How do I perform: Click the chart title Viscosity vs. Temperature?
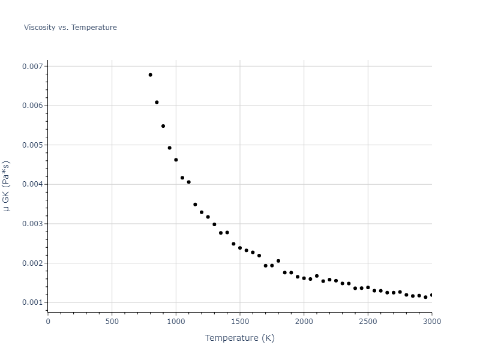point(70,28)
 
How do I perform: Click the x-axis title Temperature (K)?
point(239,338)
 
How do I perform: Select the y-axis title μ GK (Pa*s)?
point(7,186)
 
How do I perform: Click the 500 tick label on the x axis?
point(112,321)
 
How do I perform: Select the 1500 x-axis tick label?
point(240,321)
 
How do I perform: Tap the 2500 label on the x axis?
point(368,321)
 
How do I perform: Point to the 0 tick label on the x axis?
point(48,321)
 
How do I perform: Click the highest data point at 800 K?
point(150,75)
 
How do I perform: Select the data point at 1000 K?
point(176,160)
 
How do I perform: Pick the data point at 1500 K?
point(240,248)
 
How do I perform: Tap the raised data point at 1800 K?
point(278,261)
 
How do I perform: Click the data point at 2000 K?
point(304,278)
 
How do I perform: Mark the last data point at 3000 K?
point(431,295)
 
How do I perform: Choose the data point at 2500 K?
point(368,287)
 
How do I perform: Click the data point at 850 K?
point(157,102)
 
